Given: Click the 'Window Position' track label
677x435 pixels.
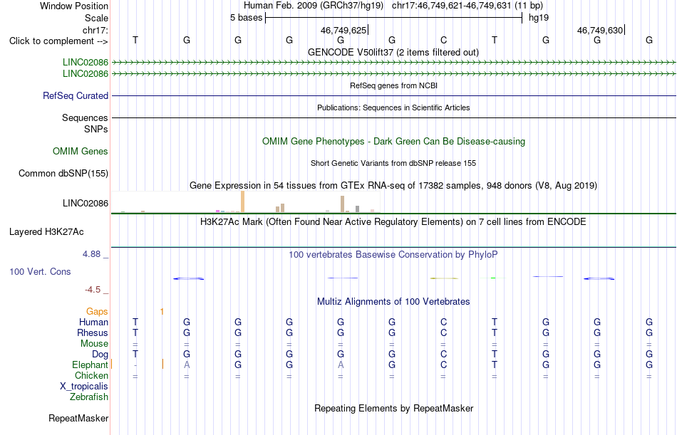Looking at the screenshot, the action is tap(74, 6).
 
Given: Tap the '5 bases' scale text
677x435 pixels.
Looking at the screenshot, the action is tap(246, 18).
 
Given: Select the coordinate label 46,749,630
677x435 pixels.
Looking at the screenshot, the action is tap(600, 30).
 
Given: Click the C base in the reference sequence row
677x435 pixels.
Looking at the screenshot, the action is tap(443, 40).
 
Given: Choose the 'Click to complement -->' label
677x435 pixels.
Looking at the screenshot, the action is tap(58, 41).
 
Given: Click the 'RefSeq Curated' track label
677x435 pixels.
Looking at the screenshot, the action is tap(76, 96).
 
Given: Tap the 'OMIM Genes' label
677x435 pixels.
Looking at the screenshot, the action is tap(81, 151).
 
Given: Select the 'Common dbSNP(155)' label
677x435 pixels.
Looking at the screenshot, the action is tap(63, 174).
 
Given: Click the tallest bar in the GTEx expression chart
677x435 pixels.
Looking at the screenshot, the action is tap(242, 201).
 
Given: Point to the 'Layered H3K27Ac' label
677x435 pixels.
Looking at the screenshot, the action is tap(46, 232).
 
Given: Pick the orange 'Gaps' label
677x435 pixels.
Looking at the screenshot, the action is tap(97, 312).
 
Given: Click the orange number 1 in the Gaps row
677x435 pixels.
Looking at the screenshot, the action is tap(162, 312).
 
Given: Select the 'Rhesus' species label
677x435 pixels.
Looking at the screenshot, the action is tap(93, 333).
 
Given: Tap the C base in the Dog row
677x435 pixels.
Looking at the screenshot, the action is tap(443, 355).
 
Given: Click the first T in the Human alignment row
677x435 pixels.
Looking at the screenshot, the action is tap(135, 322).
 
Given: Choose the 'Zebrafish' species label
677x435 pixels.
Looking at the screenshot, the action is tap(89, 397).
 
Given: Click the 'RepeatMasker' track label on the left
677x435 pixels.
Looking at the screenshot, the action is tap(78, 418).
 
